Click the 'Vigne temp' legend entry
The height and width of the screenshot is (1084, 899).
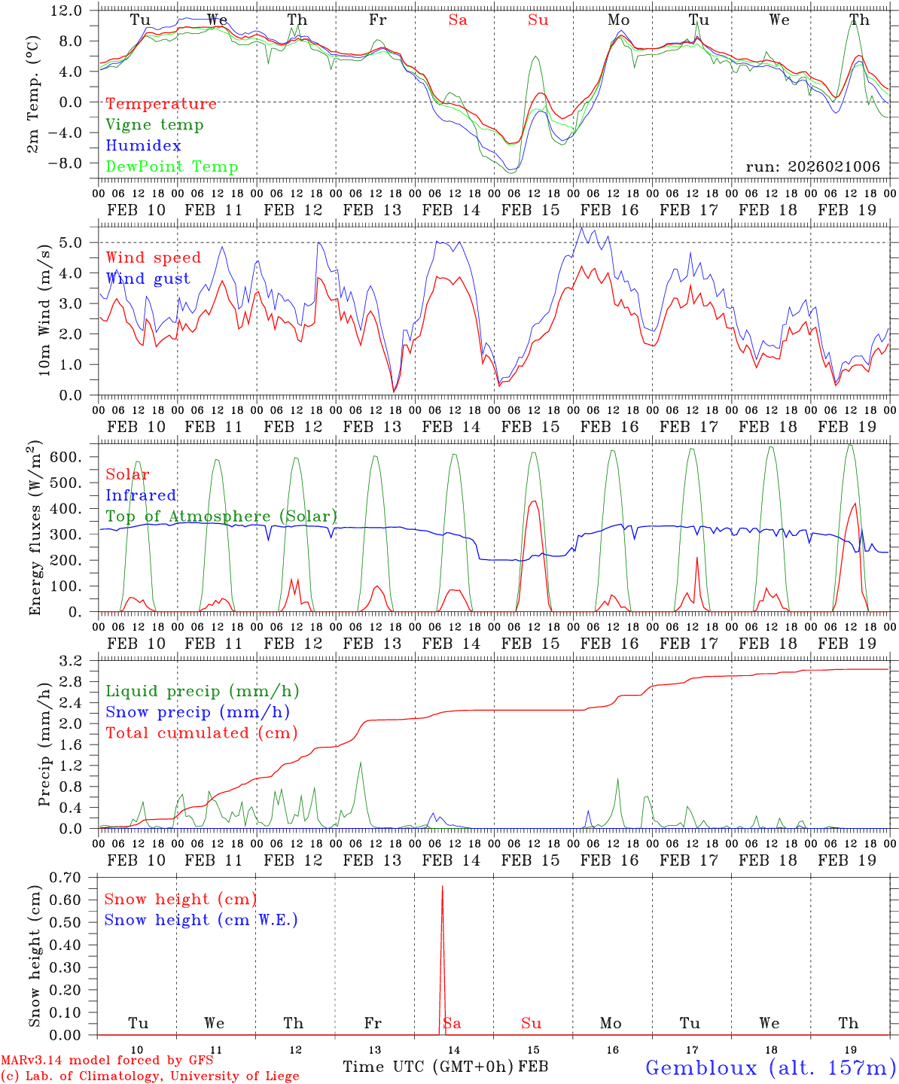154,125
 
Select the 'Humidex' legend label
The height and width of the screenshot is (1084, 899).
143,146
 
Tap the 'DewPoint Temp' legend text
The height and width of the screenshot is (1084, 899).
172,167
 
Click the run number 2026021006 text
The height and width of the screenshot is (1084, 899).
812,167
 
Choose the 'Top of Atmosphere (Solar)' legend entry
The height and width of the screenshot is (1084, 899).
221,516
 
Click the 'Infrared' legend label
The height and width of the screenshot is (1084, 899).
141,495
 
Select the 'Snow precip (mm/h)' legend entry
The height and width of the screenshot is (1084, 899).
197,712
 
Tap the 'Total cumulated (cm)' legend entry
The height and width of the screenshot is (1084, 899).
201,733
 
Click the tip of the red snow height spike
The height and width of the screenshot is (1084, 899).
442,887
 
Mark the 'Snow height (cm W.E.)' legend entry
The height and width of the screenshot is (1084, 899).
201,920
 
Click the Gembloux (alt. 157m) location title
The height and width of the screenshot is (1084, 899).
770,1067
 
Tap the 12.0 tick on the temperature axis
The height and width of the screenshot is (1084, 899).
67,11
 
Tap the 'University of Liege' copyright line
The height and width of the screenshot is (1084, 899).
150,1076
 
